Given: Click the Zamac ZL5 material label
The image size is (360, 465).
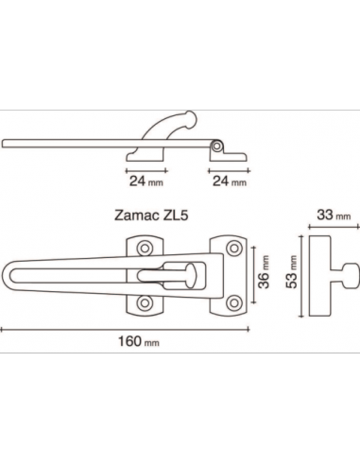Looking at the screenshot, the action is click(151, 215).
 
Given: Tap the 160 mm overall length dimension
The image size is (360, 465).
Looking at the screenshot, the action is click(139, 341).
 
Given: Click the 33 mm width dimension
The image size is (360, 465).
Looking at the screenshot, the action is click(334, 215).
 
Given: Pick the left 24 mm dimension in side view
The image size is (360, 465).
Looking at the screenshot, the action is click(146, 181).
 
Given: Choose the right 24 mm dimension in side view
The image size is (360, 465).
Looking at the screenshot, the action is click(230, 181).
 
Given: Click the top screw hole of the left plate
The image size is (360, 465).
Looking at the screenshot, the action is click(145, 249).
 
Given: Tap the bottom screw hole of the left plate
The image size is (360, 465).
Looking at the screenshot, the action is click(145, 303).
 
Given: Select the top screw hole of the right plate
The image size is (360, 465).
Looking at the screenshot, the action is click(234, 248).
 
